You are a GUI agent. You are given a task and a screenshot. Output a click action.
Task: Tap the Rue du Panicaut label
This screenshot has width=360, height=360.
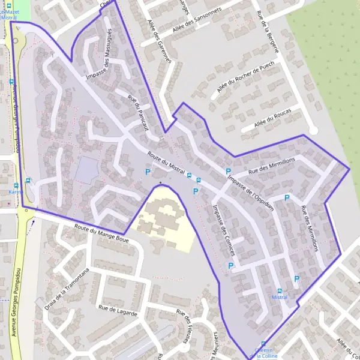click(137, 112)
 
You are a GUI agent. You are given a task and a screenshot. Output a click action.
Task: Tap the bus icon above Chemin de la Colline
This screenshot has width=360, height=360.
click(263, 344)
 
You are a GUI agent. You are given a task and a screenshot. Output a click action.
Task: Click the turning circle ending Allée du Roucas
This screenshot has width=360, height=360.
click(312, 130)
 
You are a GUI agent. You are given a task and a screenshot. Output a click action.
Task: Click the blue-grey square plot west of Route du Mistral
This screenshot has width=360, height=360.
click(86, 170)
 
